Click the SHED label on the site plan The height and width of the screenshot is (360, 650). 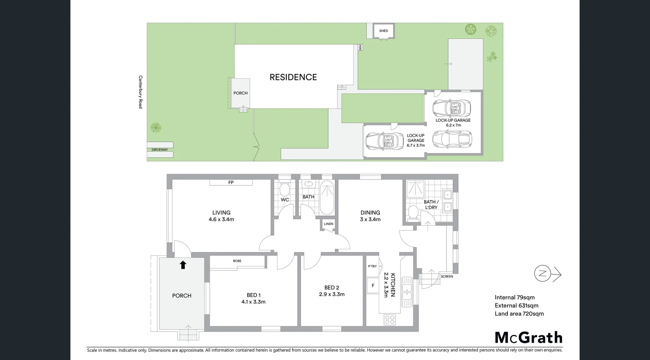[384, 31]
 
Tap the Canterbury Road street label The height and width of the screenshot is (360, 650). [140, 92]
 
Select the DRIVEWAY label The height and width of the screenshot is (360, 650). [160, 150]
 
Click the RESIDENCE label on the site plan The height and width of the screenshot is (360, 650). [293, 77]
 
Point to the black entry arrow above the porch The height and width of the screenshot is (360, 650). [183, 264]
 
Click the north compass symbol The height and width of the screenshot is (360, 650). [543, 274]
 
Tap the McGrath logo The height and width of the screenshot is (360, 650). [528, 338]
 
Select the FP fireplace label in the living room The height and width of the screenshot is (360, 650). [231, 183]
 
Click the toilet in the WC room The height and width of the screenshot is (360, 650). [284, 188]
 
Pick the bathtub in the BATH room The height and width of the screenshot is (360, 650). [327, 198]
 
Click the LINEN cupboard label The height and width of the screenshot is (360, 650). [328, 224]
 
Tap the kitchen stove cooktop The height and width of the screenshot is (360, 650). [390, 319]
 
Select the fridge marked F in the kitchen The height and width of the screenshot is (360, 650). [373, 285]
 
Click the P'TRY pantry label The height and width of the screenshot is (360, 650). [372, 267]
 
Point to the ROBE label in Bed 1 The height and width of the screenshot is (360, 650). [237, 261]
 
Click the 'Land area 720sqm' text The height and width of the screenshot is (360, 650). [519, 314]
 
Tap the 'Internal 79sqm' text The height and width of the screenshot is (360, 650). [515, 297]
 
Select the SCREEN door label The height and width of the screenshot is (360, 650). [447, 277]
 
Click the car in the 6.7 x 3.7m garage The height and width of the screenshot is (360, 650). [385, 141]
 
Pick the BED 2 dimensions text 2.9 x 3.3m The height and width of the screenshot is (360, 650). [332, 294]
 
